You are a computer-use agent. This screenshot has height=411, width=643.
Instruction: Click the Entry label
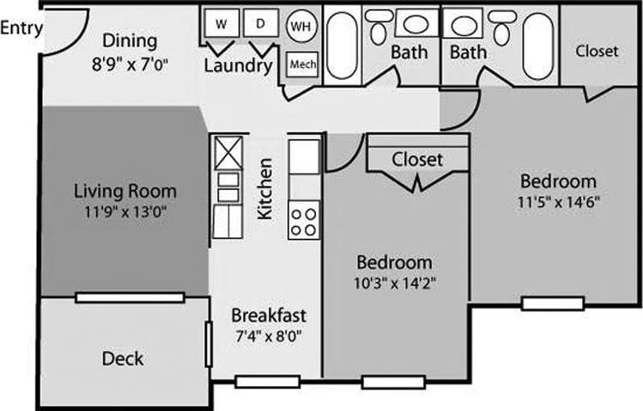(x=21, y=28)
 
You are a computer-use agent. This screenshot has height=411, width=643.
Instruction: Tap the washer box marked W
(x=221, y=24)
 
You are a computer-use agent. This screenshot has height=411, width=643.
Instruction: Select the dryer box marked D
(x=260, y=24)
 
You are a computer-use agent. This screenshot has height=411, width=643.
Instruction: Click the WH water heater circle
(x=300, y=26)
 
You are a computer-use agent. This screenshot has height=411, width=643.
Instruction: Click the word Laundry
(x=239, y=65)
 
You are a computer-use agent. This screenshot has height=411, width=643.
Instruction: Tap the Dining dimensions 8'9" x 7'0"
(x=131, y=63)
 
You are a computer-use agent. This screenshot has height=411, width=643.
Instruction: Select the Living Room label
(x=125, y=191)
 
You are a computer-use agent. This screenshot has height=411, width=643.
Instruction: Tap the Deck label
(x=123, y=358)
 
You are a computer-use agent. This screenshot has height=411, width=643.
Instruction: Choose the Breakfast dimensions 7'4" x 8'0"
(x=269, y=335)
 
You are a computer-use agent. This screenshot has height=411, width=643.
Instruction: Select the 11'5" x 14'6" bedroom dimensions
(x=559, y=203)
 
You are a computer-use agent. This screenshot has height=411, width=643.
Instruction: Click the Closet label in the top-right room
(x=597, y=51)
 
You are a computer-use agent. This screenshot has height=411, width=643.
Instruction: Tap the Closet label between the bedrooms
(x=417, y=159)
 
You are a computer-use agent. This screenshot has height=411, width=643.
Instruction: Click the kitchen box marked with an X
(x=229, y=154)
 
